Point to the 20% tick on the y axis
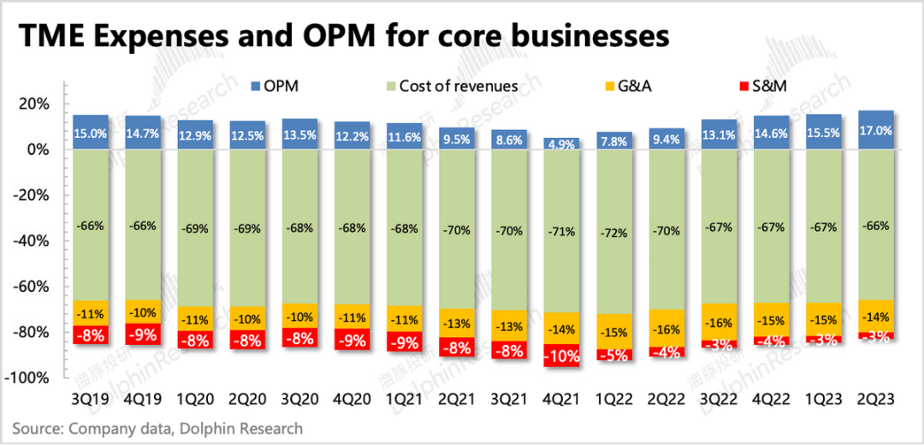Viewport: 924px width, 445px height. pyautogui.click(x=33, y=104)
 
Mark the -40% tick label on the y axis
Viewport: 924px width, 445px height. pyautogui.click(x=33, y=240)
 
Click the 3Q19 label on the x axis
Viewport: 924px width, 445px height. pyautogui.click(x=91, y=400)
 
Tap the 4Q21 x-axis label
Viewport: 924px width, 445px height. pyautogui.click(x=562, y=400)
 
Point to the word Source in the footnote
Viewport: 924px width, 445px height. pyautogui.click(x=35, y=428)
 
